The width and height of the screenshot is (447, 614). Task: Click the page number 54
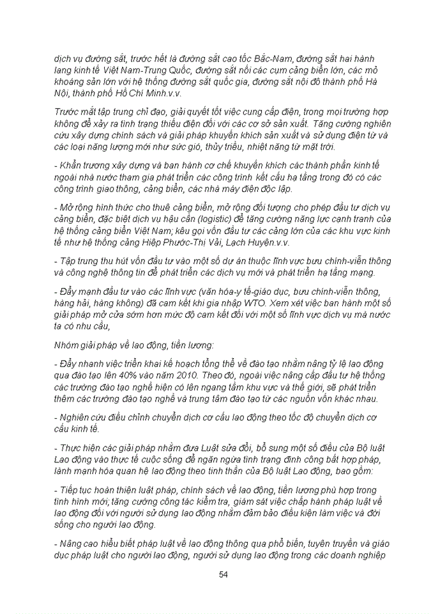tap(223, 574)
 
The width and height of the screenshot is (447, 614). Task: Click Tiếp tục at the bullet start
tap(77, 491)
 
